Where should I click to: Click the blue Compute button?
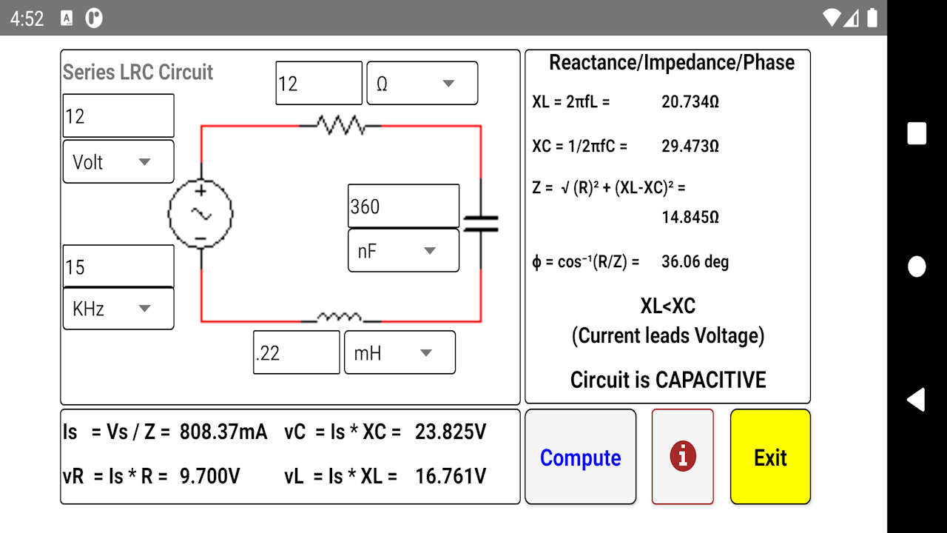pos(580,457)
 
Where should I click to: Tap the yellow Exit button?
pos(769,457)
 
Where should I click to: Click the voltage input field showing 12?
pos(118,116)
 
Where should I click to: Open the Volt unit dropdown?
pos(118,162)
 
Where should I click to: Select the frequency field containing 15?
pos(118,266)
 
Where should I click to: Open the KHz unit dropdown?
pos(118,309)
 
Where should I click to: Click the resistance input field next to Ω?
pos(318,84)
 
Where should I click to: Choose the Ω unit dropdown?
pos(422,84)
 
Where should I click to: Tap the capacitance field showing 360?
pos(403,206)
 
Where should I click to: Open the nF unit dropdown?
pos(403,251)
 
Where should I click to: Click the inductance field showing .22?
pos(296,352)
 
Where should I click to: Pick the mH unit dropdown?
pos(400,352)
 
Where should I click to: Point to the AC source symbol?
pos(200,214)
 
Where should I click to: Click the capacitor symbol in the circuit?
pos(481,223)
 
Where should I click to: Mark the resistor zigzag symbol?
pos(340,125)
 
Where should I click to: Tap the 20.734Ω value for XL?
pos(690,102)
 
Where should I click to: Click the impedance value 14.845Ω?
pos(690,217)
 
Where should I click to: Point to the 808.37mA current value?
pos(223,432)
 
